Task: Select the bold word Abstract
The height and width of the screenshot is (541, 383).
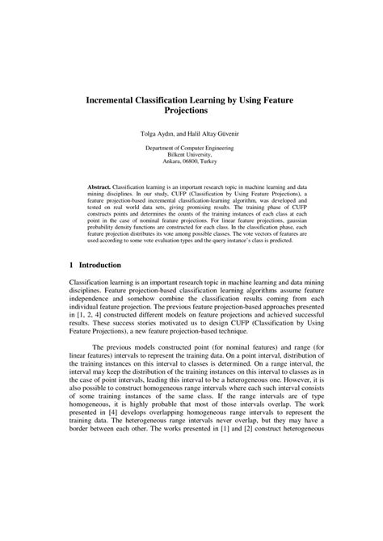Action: tap(100, 187)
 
